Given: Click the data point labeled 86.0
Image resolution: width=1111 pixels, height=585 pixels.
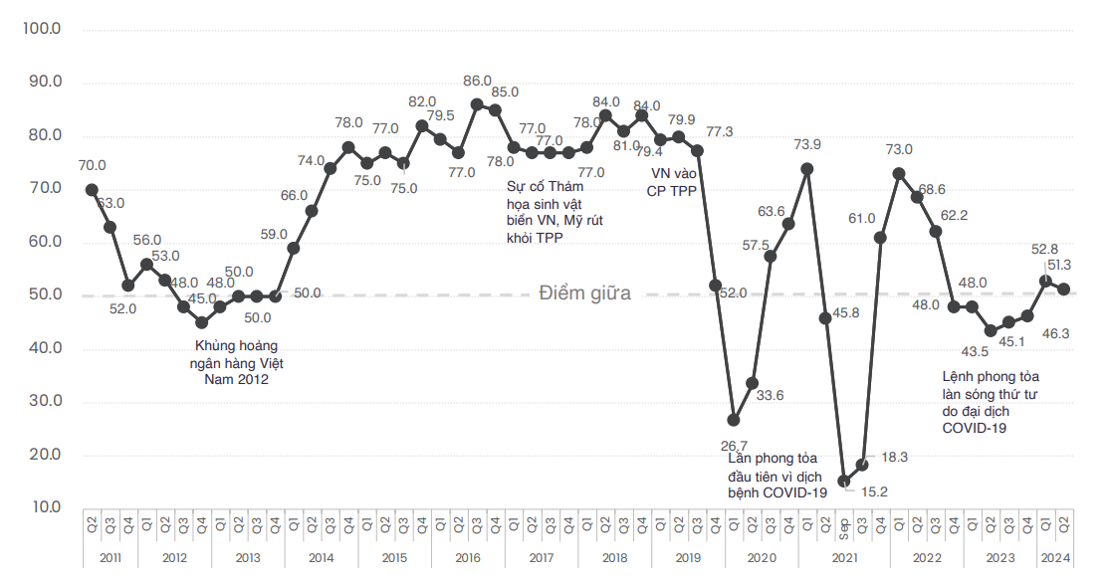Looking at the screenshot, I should (477, 104).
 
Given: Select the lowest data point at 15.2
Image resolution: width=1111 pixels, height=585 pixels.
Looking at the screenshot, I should (844, 481).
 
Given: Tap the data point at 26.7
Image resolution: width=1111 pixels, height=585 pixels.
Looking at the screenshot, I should (734, 420).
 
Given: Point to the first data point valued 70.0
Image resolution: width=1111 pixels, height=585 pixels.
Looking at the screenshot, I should (92, 189).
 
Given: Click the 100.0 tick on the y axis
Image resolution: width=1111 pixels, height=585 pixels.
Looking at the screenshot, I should (42, 30).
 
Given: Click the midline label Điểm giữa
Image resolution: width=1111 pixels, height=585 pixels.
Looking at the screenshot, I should (584, 293).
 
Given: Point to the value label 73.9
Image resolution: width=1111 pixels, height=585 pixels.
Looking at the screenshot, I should (807, 144).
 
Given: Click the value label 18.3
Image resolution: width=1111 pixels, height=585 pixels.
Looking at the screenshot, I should (895, 457).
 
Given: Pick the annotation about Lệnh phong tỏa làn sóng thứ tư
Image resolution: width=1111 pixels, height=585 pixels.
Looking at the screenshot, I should (990, 402).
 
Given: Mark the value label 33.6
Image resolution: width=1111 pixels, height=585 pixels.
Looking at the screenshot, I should (770, 395).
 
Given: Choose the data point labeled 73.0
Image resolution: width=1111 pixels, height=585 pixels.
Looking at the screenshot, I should (899, 173).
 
